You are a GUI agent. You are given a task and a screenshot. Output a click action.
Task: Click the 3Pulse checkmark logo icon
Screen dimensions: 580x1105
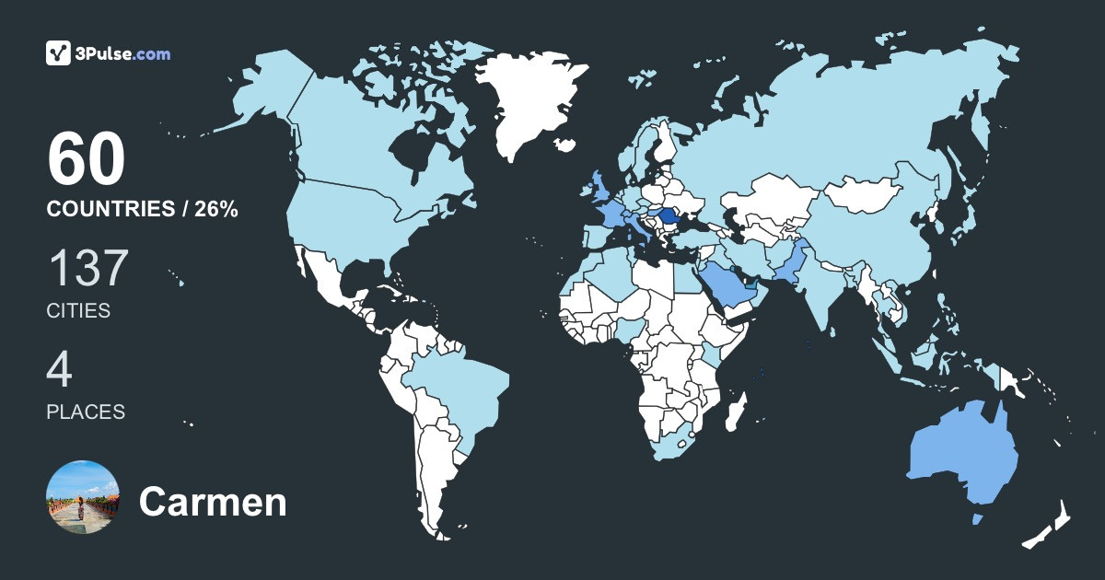click(x=59, y=53)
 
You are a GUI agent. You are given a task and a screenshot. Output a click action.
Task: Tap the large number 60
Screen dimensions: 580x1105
click(x=86, y=159)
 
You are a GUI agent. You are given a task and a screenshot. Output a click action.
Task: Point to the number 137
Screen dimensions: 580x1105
click(x=87, y=268)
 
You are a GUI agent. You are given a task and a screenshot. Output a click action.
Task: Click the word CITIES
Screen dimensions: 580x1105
click(x=78, y=311)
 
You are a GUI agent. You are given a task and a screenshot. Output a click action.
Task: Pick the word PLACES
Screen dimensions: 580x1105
click(x=86, y=412)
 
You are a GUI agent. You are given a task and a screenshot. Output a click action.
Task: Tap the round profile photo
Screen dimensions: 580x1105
click(x=83, y=497)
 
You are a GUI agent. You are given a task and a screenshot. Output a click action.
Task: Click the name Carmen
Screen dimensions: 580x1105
click(x=213, y=503)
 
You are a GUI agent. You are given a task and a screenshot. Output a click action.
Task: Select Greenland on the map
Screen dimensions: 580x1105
click(x=529, y=101)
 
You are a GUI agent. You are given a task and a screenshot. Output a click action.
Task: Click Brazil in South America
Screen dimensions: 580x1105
click(x=460, y=387)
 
